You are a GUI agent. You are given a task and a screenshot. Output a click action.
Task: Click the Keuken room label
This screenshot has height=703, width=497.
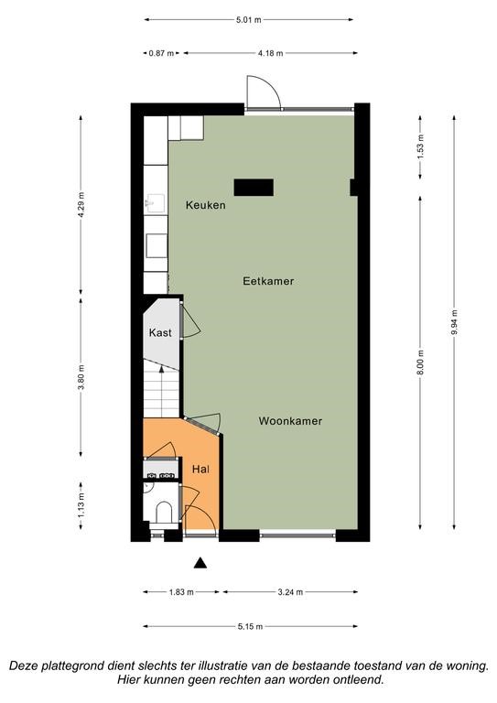click(x=205, y=205)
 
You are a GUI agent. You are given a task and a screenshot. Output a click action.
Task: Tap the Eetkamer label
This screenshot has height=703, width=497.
click(x=268, y=281)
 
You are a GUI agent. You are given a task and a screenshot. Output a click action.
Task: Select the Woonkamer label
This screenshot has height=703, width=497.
click(x=290, y=421)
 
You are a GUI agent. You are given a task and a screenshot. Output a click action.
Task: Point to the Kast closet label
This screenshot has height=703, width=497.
click(x=160, y=332)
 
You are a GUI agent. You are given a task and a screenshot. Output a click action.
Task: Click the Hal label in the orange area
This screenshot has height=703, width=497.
click(x=200, y=470)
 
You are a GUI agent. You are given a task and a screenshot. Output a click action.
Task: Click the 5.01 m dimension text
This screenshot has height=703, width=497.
click(x=248, y=20)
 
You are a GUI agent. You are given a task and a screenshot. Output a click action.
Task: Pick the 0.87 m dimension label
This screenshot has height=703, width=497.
click(x=161, y=53)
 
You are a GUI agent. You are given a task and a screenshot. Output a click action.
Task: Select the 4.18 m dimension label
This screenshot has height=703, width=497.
click(x=270, y=53)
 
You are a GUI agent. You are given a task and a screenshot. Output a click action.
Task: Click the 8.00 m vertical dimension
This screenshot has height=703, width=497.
click(x=420, y=362)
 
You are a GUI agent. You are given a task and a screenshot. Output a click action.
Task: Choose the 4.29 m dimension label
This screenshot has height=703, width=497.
click(x=81, y=204)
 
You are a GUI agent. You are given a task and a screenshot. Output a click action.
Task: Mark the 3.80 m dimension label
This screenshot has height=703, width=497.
click(x=81, y=378)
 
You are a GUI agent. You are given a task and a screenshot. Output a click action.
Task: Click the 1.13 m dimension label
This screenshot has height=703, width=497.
click(x=81, y=505)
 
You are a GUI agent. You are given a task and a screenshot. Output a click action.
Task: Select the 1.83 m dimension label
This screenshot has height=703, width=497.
click(x=181, y=592)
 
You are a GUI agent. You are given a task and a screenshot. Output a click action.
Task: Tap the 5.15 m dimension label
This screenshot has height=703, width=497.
click(x=250, y=626)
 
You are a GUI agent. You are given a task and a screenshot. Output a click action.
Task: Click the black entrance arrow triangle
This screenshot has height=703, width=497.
click(x=200, y=563)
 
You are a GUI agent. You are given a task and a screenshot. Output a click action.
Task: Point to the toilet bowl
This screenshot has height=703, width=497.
click(x=163, y=513)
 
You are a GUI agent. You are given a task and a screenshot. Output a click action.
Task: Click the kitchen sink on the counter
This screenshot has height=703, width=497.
click(x=155, y=203)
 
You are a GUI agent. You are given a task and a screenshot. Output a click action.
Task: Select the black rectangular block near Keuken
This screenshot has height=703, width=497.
click(x=254, y=188)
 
